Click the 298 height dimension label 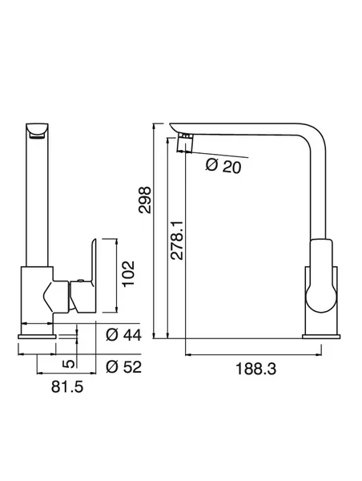[x=145, y=200]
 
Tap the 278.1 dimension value [x=177, y=240]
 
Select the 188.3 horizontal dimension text [x=255, y=369]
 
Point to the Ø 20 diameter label [x=223, y=166]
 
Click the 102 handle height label [x=129, y=273]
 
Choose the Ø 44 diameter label [x=123, y=335]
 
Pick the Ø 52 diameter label [x=123, y=367]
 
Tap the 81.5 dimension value [x=67, y=387]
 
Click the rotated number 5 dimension [x=69, y=364]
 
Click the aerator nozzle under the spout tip [x=185, y=143]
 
